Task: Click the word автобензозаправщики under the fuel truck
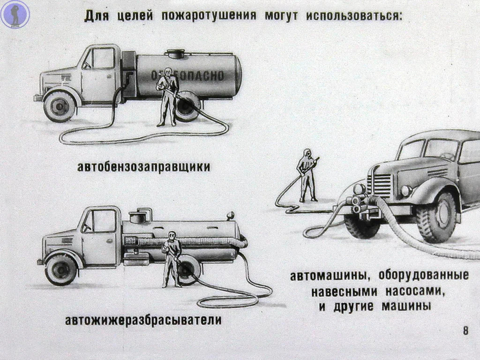[143, 167]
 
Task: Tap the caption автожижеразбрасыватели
[143, 320]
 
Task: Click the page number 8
[466, 331]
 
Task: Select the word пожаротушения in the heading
[208, 16]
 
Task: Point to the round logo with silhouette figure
[15, 14]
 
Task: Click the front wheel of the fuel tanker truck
[60, 106]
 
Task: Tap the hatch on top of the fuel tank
[176, 53]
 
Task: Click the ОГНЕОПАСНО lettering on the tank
[187, 75]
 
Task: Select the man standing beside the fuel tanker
[167, 97]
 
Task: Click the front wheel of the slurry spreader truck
[61, 269]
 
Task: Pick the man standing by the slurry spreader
[171, 259]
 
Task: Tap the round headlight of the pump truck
[406, 191]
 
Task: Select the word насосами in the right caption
[415, 291]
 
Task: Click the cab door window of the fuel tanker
[104, 58]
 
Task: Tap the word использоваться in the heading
[354, 16]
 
